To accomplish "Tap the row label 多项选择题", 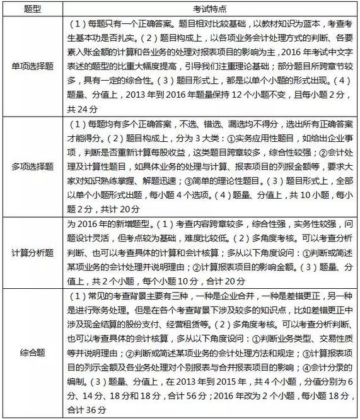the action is click(x=32, y=166).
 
